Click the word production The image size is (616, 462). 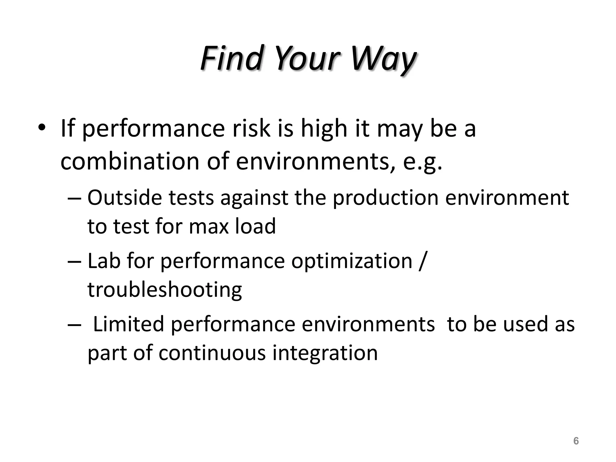click(x=385, y=198)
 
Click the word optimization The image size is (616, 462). click(x=352, y=261)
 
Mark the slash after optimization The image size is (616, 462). click(x=422, y=261)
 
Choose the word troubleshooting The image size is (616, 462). click(x=165, y=290)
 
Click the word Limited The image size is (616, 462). click(x=128, y=324)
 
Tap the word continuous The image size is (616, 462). click(x=212, y=353)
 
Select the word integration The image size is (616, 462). click(x=325, y=353)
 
